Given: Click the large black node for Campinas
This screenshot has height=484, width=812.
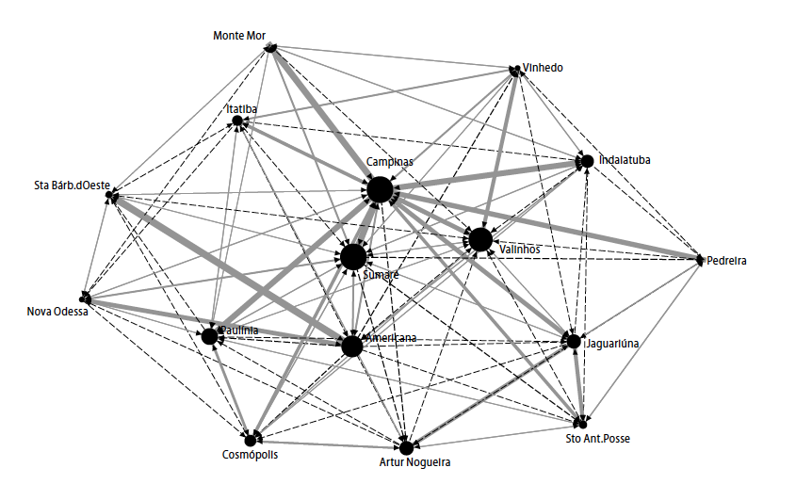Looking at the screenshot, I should pos(380,190).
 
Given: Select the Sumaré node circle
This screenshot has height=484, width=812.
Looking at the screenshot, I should pos(354,256).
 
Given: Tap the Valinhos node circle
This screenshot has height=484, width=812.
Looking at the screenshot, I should pos(480,239).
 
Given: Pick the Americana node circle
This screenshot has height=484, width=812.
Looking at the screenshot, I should pos(352,347).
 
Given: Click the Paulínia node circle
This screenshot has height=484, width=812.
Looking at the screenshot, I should pos(209,335).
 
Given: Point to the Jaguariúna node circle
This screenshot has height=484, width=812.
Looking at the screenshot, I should pos(572,340).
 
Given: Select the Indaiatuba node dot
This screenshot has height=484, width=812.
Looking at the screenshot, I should pos(587,161).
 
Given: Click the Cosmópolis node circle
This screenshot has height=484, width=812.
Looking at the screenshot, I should pos(251,440).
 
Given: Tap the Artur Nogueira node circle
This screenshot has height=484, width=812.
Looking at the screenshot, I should pos(406,447).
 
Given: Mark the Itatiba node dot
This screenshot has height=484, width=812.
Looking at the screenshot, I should pos(237,121).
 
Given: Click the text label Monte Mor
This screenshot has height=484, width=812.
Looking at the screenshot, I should pos(239,36).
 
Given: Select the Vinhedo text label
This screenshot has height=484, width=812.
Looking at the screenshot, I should pos(543,67).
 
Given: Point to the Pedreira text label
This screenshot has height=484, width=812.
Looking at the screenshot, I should pos(726,261).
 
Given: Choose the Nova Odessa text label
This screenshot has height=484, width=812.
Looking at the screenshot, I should pos(57,312).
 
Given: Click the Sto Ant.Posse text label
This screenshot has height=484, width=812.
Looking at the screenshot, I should pos(597,438).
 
